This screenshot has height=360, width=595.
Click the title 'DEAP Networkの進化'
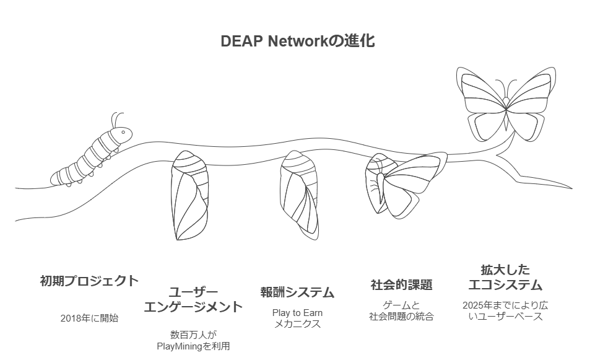297,42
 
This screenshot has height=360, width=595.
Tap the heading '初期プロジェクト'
89,281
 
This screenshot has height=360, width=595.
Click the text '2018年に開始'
89,318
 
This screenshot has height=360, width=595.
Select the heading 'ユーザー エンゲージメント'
193,299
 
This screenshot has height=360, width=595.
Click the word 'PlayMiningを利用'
193,346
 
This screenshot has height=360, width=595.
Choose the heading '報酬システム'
297,292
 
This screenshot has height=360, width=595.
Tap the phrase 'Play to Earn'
297,313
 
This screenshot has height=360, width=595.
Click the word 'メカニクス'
297,324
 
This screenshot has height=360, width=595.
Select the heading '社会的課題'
401,285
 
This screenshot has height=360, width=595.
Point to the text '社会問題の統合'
401,316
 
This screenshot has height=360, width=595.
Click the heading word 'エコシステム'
505,285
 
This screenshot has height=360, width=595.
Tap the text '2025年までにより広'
505,305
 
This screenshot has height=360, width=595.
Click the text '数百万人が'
193,334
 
